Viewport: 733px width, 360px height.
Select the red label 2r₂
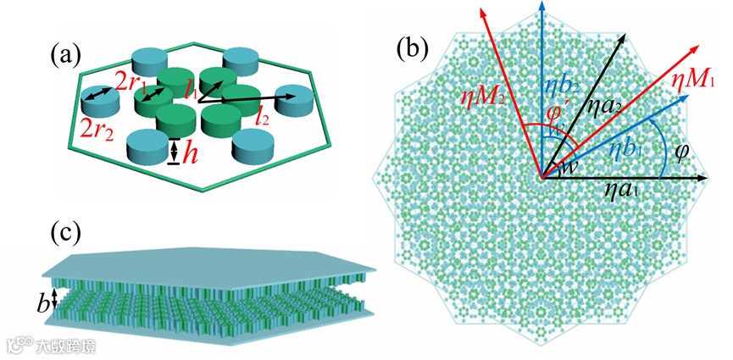click(x=99, y=130)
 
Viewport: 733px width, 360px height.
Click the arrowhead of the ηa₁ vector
click(x=702, y=179)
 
